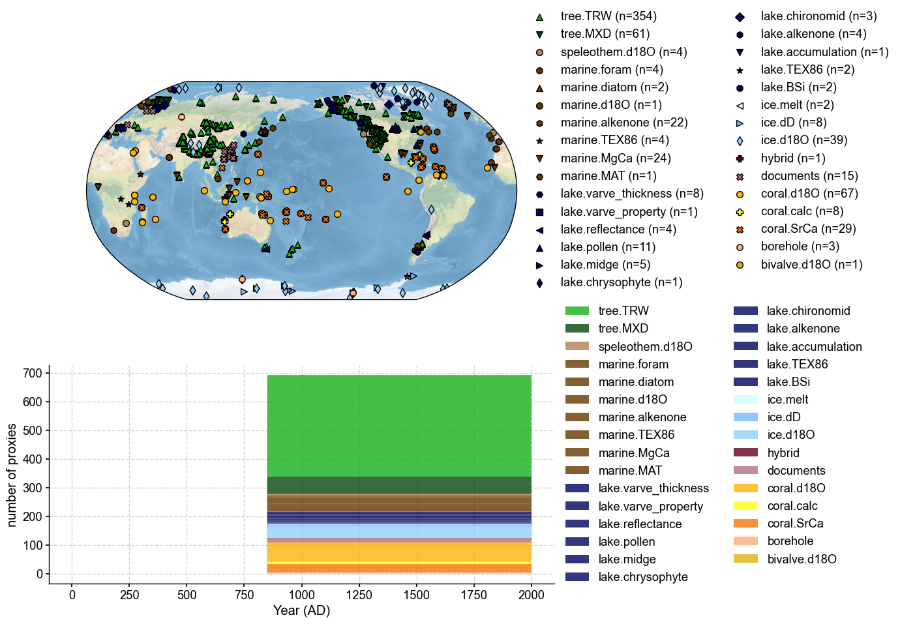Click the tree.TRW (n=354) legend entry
pos(608,16)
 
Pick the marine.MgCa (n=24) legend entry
pos(615,158)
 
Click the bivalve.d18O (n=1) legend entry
pos(811,265)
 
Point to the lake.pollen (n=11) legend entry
pos(607,247)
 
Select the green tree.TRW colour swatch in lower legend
pos(577,311)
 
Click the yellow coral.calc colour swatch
pos(745,506)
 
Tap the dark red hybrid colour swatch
pos(745,453)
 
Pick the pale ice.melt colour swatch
pos(745,400)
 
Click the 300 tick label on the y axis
pos(33,488)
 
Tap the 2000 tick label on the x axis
pos(531,595)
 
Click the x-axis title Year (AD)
pos(301,611)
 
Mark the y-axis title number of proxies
pos(12,474)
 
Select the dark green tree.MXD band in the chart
pos(399,485)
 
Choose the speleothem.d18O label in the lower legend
pos(644,347)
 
